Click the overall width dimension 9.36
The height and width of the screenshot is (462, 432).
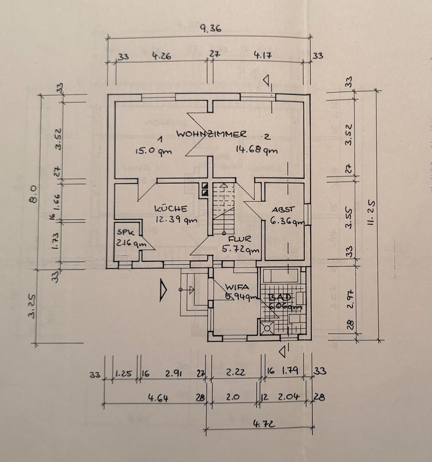point(210,28)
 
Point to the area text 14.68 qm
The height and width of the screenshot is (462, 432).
point(256,149)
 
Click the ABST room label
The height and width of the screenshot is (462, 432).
point(282,210)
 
